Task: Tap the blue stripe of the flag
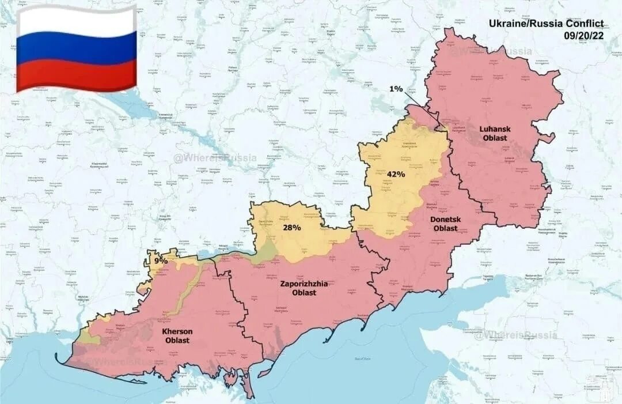click(x=76, y=48)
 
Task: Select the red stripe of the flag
click(x=76, y=75)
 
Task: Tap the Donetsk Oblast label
click(x=443, y=224)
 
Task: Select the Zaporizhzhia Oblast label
click(x=304, y=288)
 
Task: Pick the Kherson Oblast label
click(x=177, y=335)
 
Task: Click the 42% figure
click(x=396, y=174)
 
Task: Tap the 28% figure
click(x=291, y=228)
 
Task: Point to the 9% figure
click(x=161, y=260)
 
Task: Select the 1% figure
click(x=396, y=89)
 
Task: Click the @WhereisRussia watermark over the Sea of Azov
click(x=515, y=335)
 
